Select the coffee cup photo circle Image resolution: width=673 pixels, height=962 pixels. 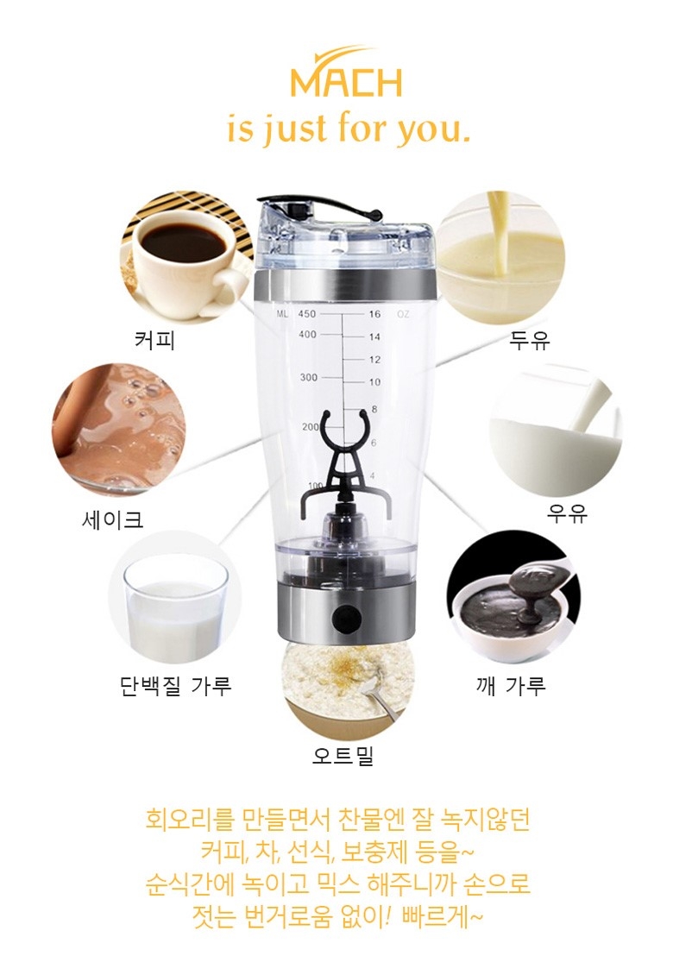[186, 256]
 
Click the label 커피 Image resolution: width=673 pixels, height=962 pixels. [154, 340]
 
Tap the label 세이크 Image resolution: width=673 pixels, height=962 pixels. [112, 519]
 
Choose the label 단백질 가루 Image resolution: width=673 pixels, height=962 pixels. [175, 687]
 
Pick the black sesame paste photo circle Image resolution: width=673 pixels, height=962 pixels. [513, 596]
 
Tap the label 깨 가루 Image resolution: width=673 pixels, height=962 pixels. [511, 687]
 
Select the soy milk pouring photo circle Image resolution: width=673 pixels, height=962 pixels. [500, 257]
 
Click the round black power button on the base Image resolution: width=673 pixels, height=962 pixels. [345, 618]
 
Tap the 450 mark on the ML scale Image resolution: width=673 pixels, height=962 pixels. [307, 314]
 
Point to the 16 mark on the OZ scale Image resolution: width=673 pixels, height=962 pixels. [374, 314]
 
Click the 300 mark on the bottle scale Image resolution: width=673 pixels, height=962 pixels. [308, 378]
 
